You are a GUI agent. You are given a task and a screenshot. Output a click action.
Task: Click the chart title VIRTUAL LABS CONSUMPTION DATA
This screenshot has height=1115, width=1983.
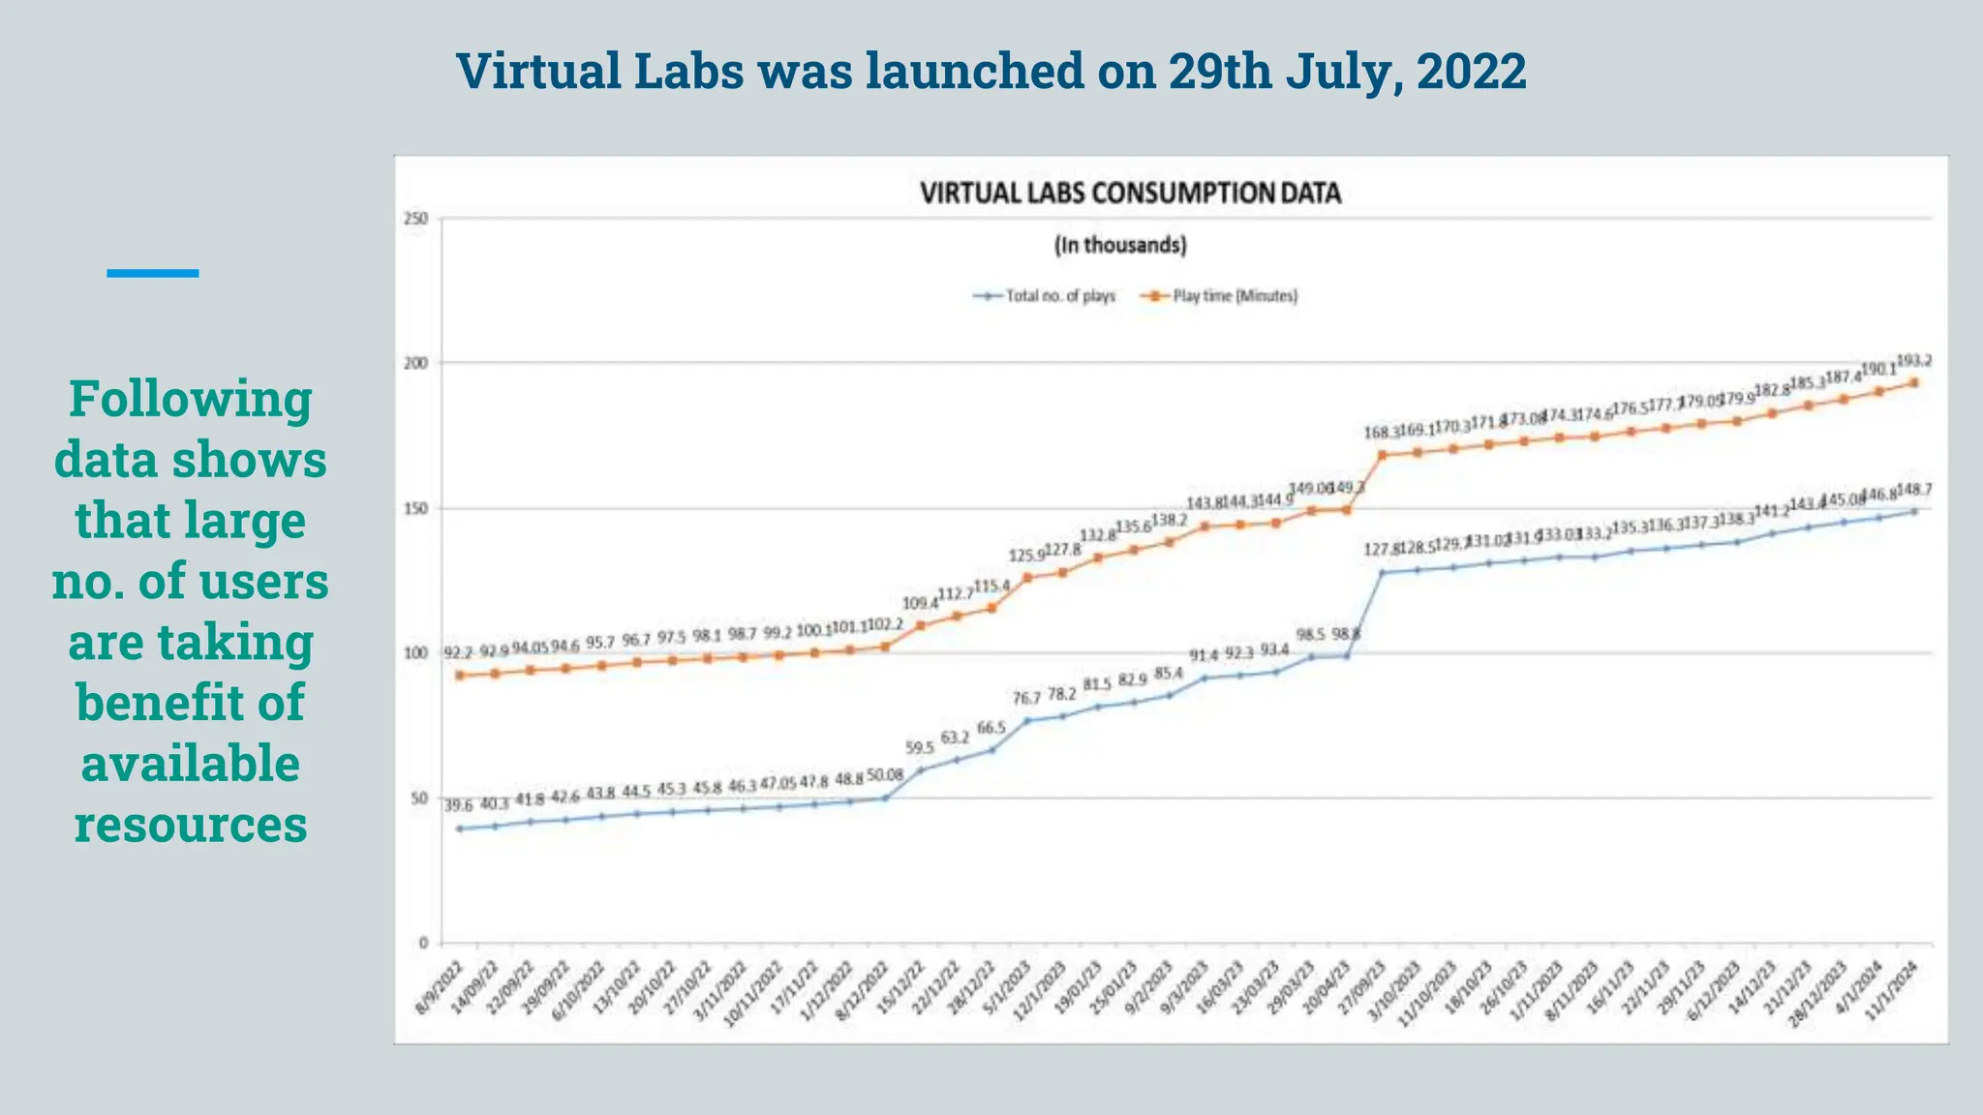(1130, 194)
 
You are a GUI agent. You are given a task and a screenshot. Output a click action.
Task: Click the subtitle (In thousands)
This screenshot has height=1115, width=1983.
(1120, 245)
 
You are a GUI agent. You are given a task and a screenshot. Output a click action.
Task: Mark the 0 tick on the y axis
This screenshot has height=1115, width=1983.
(422, 943)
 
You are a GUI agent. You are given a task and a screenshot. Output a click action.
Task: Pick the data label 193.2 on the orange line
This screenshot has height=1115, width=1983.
(1913, 361)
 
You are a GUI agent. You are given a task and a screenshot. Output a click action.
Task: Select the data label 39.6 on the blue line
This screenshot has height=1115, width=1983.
(458, 805)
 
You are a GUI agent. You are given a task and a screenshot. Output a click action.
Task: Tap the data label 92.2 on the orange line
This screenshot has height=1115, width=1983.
(458, 653)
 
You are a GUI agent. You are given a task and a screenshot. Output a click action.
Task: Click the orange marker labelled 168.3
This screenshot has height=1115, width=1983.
(1382, 455)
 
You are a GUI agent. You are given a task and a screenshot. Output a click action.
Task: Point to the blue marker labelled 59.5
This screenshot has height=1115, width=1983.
(920, 770)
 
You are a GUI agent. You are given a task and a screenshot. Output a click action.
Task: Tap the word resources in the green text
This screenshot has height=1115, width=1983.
(191, 825)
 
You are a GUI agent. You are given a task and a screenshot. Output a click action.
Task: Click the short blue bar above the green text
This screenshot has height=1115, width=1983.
(153, 274)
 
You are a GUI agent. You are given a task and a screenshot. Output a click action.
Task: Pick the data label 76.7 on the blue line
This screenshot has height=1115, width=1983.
(1026, 698)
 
